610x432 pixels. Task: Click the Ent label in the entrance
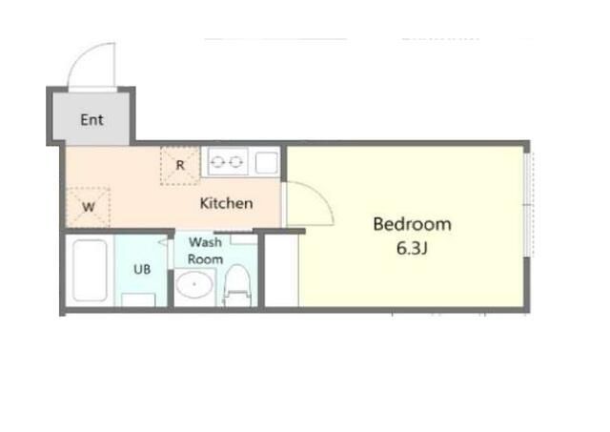pyautogui.click(x=91, y=119)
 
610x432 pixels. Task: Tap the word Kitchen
pyautogui.click(x=227, y=203)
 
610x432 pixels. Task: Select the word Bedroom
pyautogui.click(x=413, y=224)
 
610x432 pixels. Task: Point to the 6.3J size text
pyautogui.click(x=412, y=248)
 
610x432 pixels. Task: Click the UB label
pyautogui.click(x=142, y=269)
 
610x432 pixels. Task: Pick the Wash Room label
pyautogui.click(x=206, y=251)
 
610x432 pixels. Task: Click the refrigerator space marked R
pyautogui.click(x=180, y=165)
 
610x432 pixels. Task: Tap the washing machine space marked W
pyautogui.click(x=88, y=207)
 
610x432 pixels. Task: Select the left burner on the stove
pyautogui.click(x=218, y=162)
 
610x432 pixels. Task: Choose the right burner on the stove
pyautogui.click(x=235, y=162)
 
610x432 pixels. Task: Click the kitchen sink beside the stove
pyautogui.click(x=267, y=162)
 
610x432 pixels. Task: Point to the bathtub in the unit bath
pyautogui.click(x=90, y=270)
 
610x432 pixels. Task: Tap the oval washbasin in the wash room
pyautogui.click(x=193, y=284)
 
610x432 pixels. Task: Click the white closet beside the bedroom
pyautogui.click(x=282, y=271)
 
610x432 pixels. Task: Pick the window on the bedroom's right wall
pyautogui.click(x=528, y=205)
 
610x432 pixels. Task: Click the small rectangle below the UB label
pyautogui.click(x=138, y=300)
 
